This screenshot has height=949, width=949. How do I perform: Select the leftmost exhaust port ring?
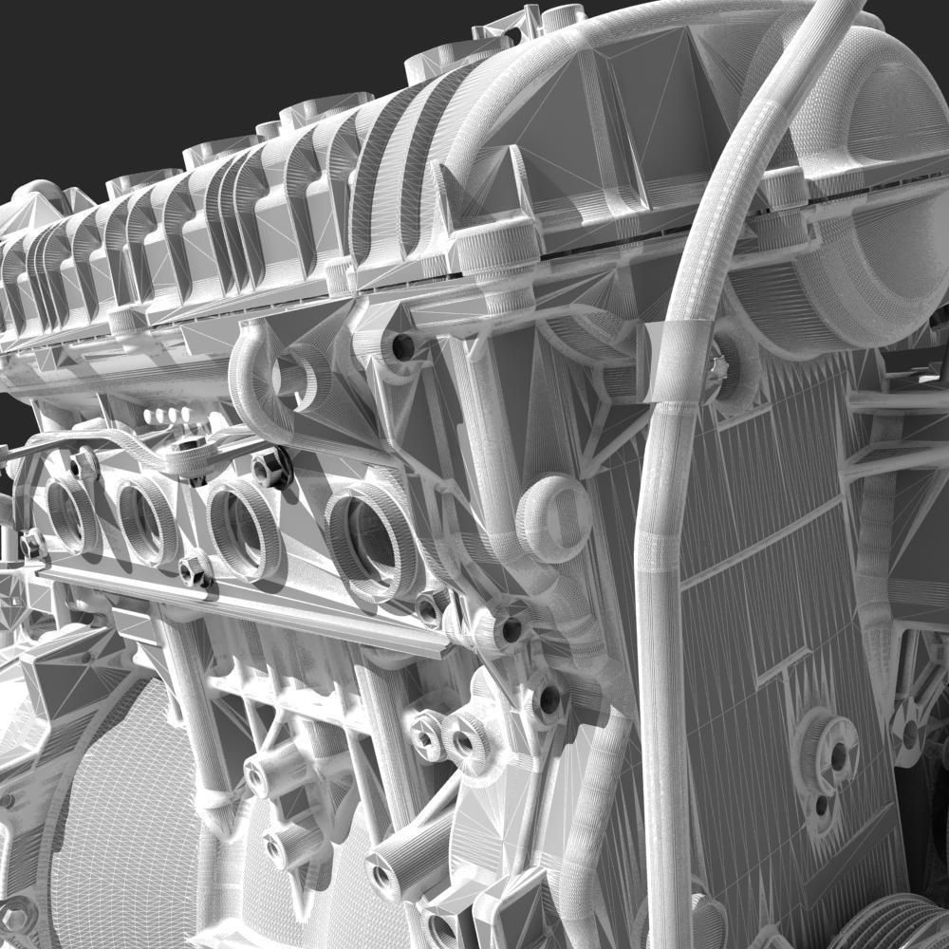pyautogui.click(x=71, y=513)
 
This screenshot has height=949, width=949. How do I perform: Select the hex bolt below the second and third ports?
pyautogui.click(x=195, y=569)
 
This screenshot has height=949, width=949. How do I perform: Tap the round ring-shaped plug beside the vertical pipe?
pyautogui.click(x=554, y=517)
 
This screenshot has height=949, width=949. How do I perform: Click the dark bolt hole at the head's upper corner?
pyautogui.click(x=403, y=346)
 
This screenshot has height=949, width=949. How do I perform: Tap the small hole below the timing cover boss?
pyautogui.click(x=821, y=807)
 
